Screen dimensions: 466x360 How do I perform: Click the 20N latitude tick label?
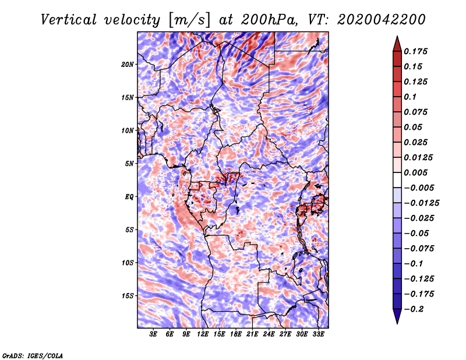(x=127, y=65)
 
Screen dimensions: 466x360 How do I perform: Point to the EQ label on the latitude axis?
(x=129, y=197)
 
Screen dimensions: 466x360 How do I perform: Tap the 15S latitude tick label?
(x=127, y=296)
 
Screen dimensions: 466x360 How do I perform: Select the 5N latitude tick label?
(x=129, y=164)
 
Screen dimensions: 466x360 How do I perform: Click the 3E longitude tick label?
(x=153, y=334)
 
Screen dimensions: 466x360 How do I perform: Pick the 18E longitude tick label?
(x=236, y=334)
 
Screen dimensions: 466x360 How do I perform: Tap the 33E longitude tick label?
(x=318, y=334)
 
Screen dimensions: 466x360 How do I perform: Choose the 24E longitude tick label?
(x=269, y=334)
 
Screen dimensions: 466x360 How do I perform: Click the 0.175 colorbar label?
(x=415, y=51)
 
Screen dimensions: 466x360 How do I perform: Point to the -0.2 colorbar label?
(x=414, y=309)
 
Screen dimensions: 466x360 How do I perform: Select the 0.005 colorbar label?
(x=415, y=172)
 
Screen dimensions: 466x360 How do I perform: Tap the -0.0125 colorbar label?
(x=421, y=203)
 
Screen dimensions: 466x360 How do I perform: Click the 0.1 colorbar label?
(x=410, y=97)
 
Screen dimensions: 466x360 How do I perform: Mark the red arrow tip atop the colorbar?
(x=397, y=37)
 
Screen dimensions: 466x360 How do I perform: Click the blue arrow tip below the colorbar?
(x=397, y=323)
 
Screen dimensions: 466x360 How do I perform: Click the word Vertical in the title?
(x=69, y=20)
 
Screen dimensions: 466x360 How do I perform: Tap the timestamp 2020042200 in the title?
(x=382, y=20)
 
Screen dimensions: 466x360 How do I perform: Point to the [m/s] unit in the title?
(x=190, y=20)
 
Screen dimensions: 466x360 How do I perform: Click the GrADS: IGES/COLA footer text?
(x=33, y=355)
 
